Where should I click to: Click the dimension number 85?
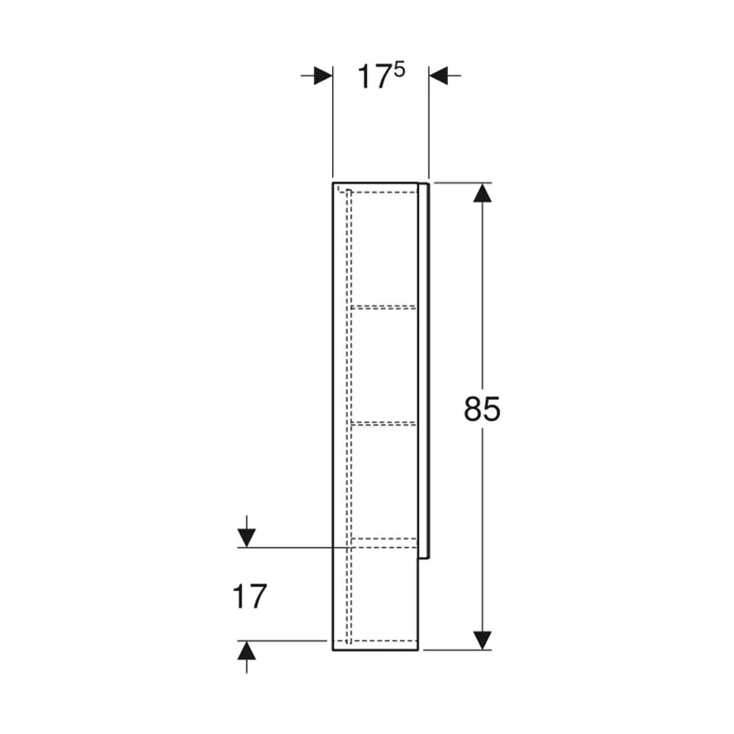pyautogui.click(x=482, y=408)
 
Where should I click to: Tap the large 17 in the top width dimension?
pyautogui.click(x=373, y=77)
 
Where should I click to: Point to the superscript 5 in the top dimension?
pyautogui.click(x=399, y=71)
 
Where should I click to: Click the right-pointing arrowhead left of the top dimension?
pyautogui.click(x=323, y=75)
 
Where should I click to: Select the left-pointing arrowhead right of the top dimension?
pyautogui.click(x=439, y=75)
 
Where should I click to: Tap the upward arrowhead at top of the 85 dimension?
pyautogui.click(x=483, y=193)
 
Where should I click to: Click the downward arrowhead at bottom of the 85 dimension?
pyautogui.click(x=483, y=639)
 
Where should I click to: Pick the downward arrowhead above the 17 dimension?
pyautogui.click(x=246, y=538)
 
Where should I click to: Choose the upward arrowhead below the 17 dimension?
pyautogui.click(x=246, y=651)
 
